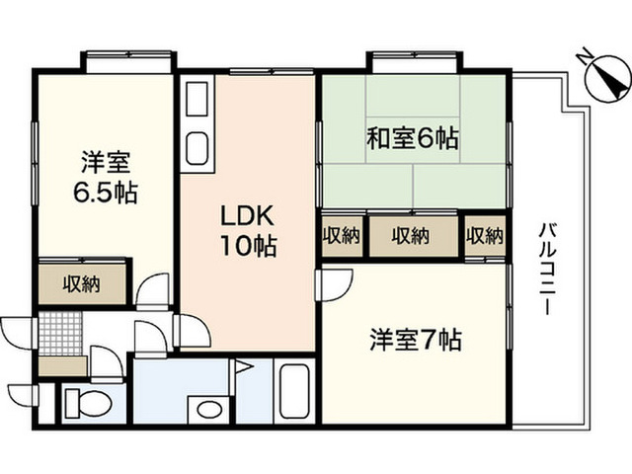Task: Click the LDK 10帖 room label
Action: coord(248,230)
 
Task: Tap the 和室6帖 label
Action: coord(413,138)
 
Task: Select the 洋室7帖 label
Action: coord(416,340)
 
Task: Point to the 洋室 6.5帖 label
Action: coord(106,178)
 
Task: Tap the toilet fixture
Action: coord(88,403)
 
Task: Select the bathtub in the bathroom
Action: coord(294,391)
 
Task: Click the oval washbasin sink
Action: coord(210,410)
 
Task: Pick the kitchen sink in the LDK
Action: coord(197,148)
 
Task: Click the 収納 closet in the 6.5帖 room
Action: coord(82,284)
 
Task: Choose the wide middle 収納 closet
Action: coord(413,236)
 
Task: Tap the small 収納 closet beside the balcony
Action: coord(485,236)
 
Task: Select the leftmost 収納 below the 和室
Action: coord(343,236)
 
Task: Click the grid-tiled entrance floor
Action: coord(61,334)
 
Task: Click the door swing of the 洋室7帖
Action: coord(334,285)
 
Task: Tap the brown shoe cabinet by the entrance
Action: coord(63,366)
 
